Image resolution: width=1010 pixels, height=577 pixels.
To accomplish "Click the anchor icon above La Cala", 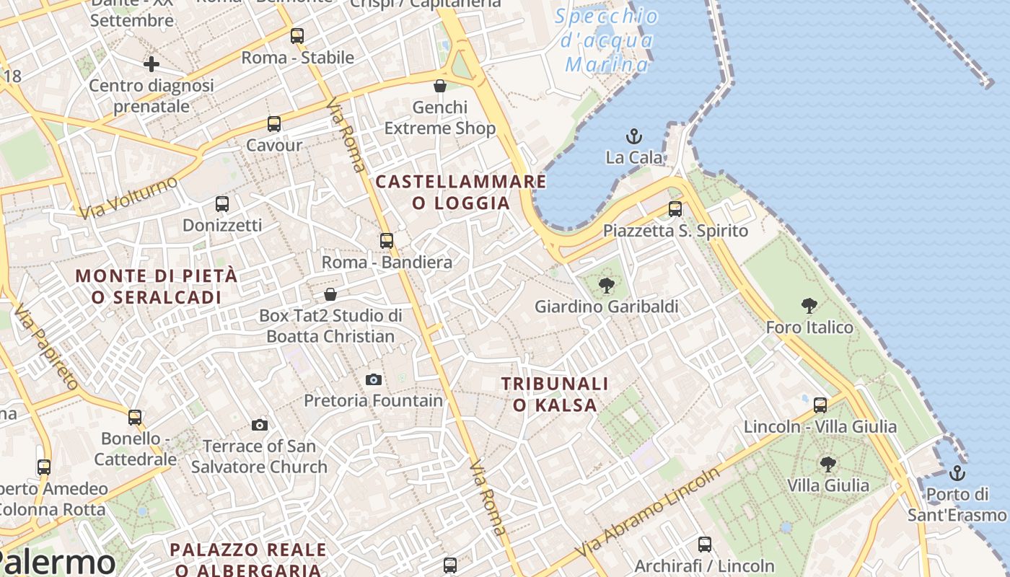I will click(x=633, y=136).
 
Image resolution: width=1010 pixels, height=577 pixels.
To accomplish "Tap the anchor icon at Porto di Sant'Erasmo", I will click(x=957, y=473).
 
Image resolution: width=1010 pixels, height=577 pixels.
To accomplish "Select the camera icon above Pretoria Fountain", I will click(x=374, y=379).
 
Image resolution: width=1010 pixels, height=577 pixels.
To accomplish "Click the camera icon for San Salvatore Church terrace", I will click(x=260, y=426).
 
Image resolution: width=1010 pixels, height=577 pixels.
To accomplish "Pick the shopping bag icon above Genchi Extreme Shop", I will click(x=440, y=86).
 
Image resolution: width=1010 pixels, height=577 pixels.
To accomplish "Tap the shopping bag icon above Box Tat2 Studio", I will click(x=330, y=294).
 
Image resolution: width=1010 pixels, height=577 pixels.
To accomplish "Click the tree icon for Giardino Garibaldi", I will click(x=607, y=286).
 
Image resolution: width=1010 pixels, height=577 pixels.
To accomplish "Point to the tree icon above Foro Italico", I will click(x=809, y=306).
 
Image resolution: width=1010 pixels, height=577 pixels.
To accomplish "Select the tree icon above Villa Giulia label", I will click(x=828, y=464).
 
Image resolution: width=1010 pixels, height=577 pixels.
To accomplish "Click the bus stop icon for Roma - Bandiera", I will click(x=387, y=240).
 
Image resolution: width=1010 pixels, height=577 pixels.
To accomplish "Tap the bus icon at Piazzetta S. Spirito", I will click(x=675, y=209).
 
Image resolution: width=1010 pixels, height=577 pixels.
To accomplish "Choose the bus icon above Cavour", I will click(x=274, y=123).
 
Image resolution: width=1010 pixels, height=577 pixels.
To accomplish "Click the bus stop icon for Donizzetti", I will click(x=222, y=204).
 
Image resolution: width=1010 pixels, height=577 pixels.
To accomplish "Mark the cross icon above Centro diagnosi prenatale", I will click(x=151, y=64).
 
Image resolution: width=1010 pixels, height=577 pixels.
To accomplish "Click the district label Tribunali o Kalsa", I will click(x=555, y=395).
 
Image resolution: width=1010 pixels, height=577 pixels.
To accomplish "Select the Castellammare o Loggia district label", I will click(x=461, y=192).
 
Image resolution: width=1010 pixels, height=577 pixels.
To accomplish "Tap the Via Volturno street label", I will click(x=128, y=198).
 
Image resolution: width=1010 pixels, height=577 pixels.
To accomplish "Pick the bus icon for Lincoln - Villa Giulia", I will click(x=820, y=405).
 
